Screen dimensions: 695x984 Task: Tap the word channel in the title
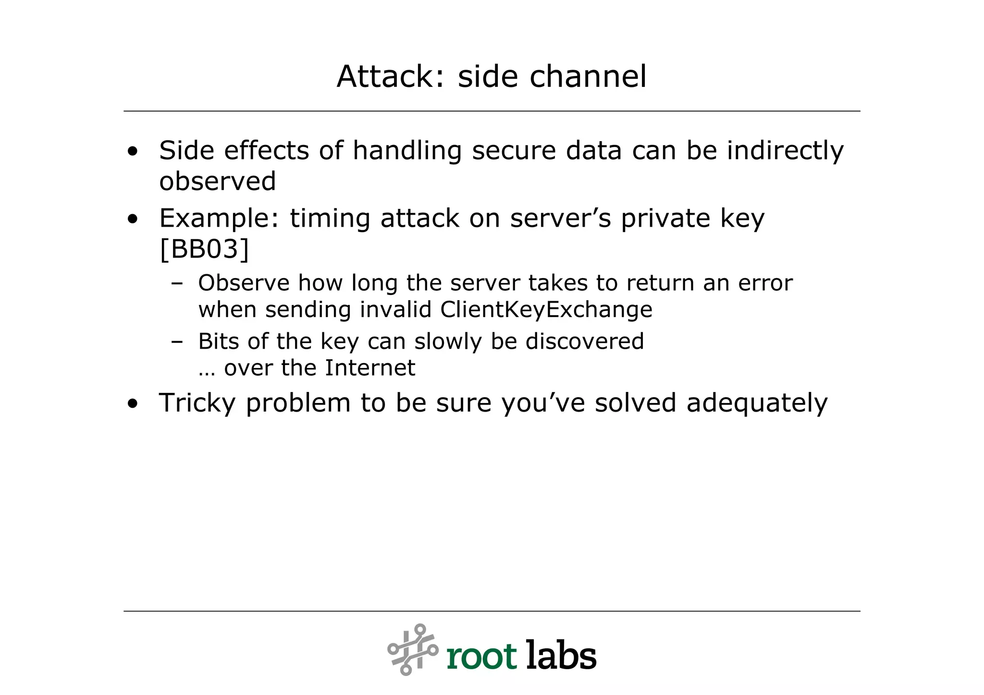click(x=588, y=77)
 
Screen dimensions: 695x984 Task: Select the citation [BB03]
click(x=204, y=249)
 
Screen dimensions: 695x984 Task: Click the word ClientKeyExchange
click(x=546, y=310)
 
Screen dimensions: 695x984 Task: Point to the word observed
click(x=218, y=182)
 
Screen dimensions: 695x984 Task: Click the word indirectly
click(x=785, y=151)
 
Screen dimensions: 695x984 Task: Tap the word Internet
click(x=370, y=368)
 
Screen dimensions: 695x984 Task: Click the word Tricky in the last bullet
click(x=197, y=403)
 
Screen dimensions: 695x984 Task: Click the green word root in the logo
click(x=481, y=656)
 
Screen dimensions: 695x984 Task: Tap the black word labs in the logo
click(x=561, y=655)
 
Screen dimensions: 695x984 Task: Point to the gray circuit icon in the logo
click(x=413, y=649)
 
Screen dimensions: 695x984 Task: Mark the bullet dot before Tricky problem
click(x=133, y=404)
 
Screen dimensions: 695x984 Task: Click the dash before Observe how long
click(x=177, y=284)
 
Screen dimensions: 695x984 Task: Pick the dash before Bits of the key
click(x=177, y=342)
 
